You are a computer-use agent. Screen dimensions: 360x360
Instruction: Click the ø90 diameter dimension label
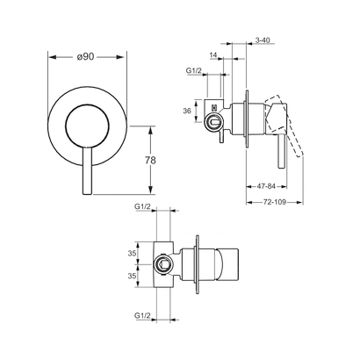[x=86, y=57]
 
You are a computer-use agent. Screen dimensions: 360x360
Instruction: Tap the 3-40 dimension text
[x=261, y=40]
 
